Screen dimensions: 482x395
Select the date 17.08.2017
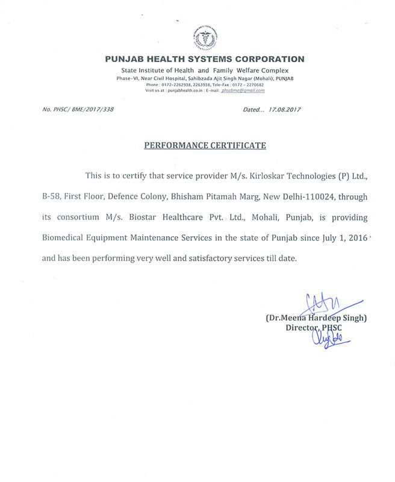(x=284, y=110)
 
